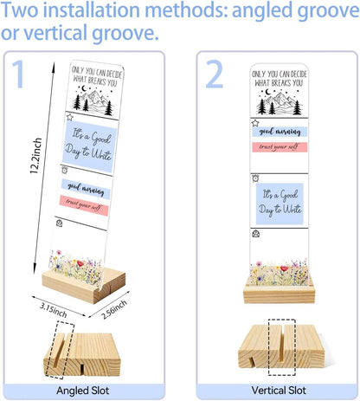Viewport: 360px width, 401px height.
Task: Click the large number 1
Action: click(x=19, y=74)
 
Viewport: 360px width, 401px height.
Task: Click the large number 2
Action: click(x=214, y=74)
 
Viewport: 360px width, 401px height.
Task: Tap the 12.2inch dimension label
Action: click(x=36, y=156)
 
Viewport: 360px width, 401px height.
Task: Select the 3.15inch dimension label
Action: click(x=54, y=310)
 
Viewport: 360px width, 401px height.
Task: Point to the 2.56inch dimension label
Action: click(x=114, y=309)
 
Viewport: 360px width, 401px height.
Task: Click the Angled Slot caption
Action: click(x=83, y=391)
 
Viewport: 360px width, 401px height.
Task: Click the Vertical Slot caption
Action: click(x=279, y=391)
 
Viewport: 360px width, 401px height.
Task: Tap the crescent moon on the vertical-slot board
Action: click(x=268, y=92)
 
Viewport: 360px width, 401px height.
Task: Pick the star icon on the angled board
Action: click(x=70, y=117)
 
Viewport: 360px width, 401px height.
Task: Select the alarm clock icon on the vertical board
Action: click(x=255, y=178)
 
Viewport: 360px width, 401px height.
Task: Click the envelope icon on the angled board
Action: click(x=59, y=223)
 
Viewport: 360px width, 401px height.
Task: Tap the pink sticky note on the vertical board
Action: click(x=280, y=147)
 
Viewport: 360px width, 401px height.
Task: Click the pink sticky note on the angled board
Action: click(x=85, y=205)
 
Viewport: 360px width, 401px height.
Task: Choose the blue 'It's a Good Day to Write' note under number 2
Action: click(x=280, y=204)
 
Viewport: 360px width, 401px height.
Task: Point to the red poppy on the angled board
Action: click(x=80, y=263)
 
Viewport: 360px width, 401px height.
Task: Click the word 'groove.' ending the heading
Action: click(x=125, y=33)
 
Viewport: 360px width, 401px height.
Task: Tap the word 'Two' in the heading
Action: click(x=20, y=10)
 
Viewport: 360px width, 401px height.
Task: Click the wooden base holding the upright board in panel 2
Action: click(x=279, y=293)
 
